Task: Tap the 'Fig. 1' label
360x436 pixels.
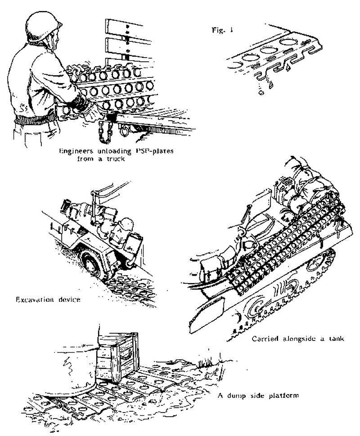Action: tap(219, 32)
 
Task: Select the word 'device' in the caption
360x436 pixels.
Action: tap(70, 299)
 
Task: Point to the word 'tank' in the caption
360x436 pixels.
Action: tap(334, 339)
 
